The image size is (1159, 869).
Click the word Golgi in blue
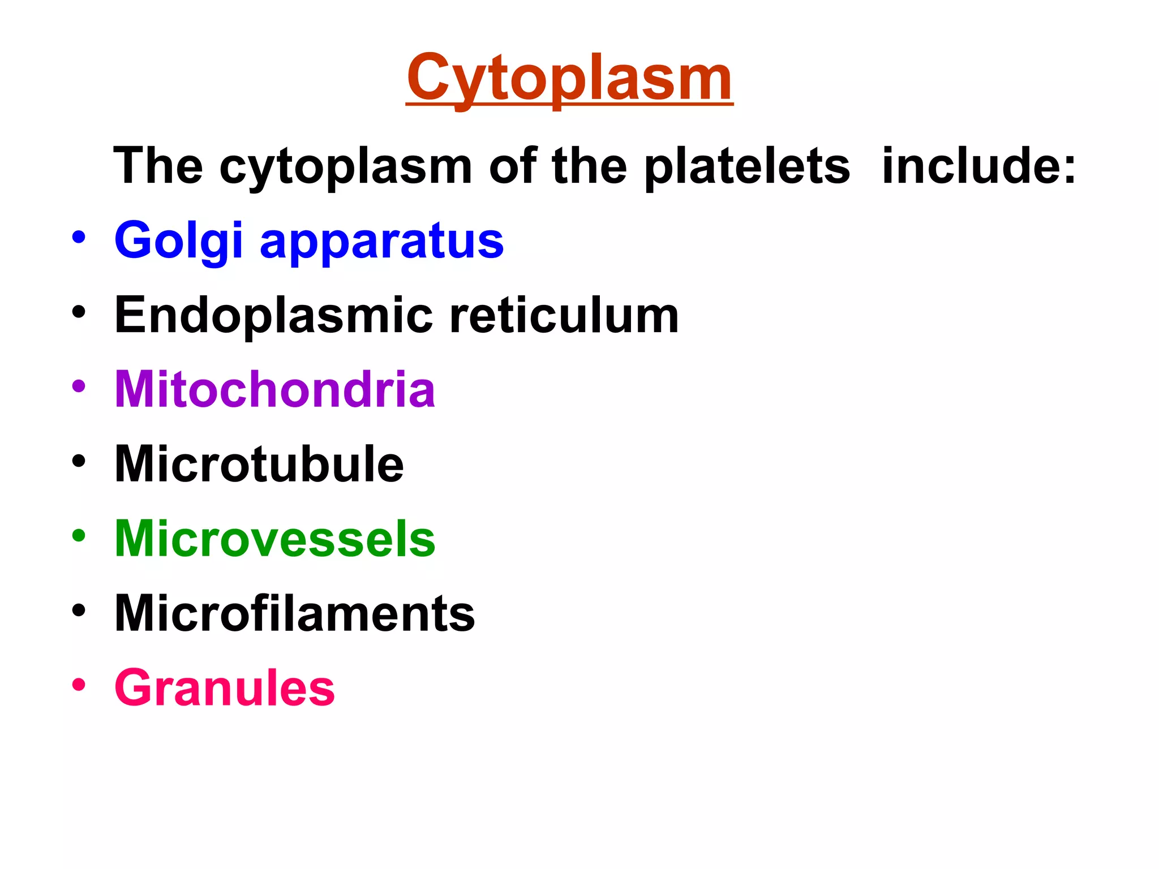(x=179, y=241)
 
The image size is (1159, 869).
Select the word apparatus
(x=381, y=242)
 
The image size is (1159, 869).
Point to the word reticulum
(x=564, y=316)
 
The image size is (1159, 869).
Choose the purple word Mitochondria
(x=275, y=389)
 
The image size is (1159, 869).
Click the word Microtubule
(x=259, y=464)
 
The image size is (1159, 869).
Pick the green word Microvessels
(x=275, y=539)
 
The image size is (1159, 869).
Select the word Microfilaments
(x=294, y=613)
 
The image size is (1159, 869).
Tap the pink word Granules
(x=225, y=688)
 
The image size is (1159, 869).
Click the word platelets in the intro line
(x=747, y=166)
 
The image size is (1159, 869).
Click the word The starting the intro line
(x=158, y=166)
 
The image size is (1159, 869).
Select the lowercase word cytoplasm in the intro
(x=345, y=167)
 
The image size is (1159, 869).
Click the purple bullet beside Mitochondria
(x=79, y=386)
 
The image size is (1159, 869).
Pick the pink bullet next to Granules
(x=79, y=684)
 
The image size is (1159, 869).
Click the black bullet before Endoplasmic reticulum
(x=79, y=312)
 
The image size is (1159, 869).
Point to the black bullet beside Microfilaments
(x=79, y=609)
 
